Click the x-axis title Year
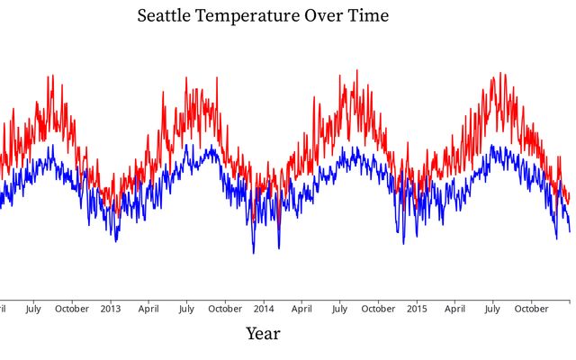pos(263,334)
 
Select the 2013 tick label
pos(111,309)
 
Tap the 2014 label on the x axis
pos(264,309)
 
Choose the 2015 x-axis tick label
pos(417,309)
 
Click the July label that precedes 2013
pos(32,309)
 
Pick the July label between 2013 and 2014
pos(185,309)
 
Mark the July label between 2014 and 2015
pos(339,309)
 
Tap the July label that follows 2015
pos(492,309)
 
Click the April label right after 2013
pos(148,309)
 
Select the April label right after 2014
pos(301,309)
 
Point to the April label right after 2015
pos(454,309)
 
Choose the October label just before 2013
pos(71,309)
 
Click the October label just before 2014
pos(224,309)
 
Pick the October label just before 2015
pos(378,309)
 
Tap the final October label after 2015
pos(531,309)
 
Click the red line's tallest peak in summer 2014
pos(356,70)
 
